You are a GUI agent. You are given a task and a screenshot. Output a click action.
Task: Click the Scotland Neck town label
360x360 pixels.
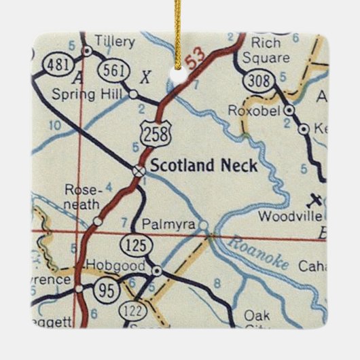203,165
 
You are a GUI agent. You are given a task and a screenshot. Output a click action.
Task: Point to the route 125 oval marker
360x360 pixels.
132,242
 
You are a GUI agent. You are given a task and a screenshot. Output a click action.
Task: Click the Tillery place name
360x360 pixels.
115,41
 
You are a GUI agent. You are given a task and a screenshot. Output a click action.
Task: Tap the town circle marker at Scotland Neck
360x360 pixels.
139,170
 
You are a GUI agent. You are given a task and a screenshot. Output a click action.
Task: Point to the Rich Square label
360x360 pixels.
270,50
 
